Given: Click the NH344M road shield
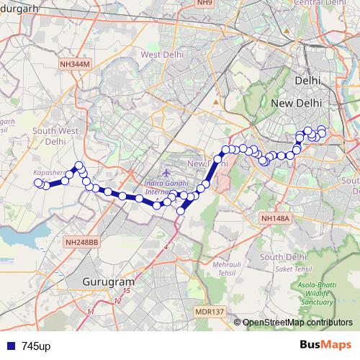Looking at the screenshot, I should pyautogui.click(x=75, y=64).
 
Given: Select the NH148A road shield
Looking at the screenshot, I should pyautogui.click(x=275, y=218).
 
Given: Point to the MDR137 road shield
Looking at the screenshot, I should pyautogui.click(x=209, y=311).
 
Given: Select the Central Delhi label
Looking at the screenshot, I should pyautogui.click(x=316, y=4).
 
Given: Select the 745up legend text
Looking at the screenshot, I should pyautogui.click(x=36, y=346).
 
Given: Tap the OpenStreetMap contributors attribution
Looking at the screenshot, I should pyautogui.click(x=297, y=323).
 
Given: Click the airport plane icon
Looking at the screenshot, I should pyautogui.click(x=168, y=174).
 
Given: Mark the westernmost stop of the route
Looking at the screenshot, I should pyautogui.click(x=39, y=183).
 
